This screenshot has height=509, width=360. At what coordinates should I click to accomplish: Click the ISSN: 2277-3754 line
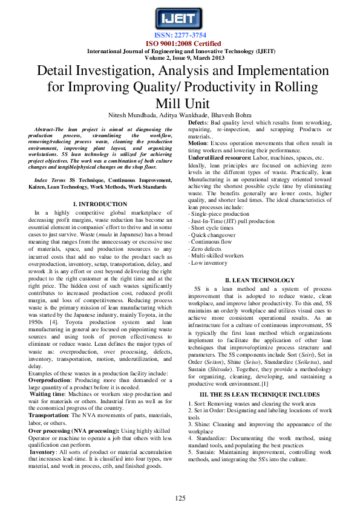point(180,36)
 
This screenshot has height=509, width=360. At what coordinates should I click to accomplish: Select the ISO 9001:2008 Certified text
point(180,43)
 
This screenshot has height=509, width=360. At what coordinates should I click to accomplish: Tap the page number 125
point(180,498)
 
